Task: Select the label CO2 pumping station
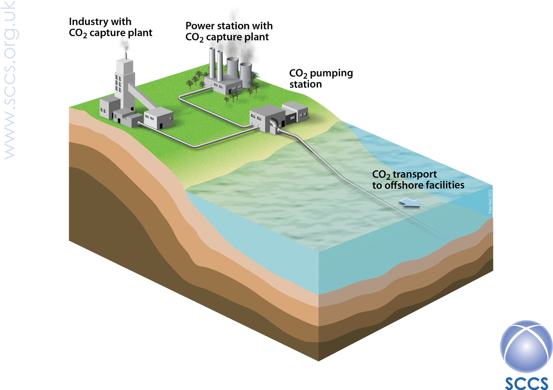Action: (x=321, y=79)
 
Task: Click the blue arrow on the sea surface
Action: (x=409, y=202)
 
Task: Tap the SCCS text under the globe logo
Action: (x=526, y=383)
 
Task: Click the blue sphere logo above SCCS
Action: (x=526, y=346)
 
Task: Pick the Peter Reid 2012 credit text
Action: (x=490, y=202)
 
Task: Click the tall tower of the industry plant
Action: (x=124, y=84)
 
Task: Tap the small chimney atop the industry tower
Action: (x=126, y=56)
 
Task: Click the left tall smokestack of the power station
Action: (x=212, y=63)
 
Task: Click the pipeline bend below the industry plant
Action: (x=195, y=146)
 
